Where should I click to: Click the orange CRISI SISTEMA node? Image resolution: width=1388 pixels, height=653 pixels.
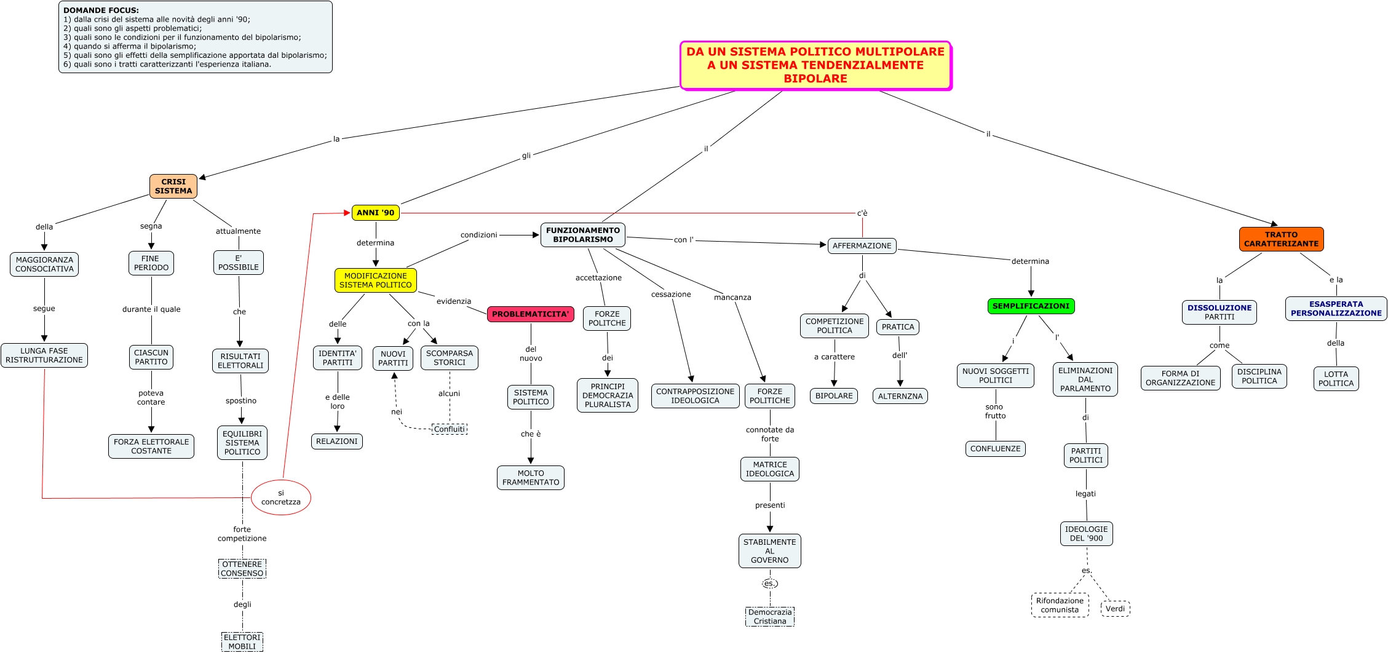click(x=173, y=186)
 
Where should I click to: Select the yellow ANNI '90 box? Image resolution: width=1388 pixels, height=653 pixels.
click(x=375, y=213)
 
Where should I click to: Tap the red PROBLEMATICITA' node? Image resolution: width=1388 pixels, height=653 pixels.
click(x=530, y=314)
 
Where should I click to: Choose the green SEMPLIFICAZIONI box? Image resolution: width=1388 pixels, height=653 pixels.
click(x=1031, y=306)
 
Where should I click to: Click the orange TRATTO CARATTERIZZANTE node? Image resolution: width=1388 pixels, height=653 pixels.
click(x=1281, y=239)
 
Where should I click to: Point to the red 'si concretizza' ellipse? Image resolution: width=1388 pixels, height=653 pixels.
click(x=281, y=497)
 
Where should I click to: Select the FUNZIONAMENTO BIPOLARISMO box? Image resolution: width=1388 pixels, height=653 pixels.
click(x=583, y=235)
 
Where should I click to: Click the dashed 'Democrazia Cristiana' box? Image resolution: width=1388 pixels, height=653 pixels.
click(x=770, y=617)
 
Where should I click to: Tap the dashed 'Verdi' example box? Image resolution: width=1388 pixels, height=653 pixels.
click(x=1115, y=609)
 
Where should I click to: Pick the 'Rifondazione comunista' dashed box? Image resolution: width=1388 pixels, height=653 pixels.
click(x=1060, y=605)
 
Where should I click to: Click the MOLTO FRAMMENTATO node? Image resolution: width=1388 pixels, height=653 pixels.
click(x=531, y=478)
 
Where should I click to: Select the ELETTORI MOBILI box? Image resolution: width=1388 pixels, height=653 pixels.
click(x=242, y=642)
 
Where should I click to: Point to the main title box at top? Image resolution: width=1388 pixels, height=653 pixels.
click(x=815, y=65)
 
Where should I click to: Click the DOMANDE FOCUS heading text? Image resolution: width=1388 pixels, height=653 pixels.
click(x=101, y=10)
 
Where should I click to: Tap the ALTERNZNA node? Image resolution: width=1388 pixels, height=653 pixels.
click(x=900, y=397)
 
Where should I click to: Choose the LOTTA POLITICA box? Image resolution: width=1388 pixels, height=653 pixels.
click(x=1336, y=379)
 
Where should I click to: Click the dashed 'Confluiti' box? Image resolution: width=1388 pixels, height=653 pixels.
click(x=450, y=429)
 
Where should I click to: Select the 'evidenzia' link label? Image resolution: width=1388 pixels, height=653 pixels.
click(x=454, y=301)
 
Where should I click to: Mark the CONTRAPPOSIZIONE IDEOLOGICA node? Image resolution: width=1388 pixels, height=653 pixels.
click(x=695, y=396)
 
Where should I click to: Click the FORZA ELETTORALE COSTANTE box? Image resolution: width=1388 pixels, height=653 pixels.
click(x=151, y=446)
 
